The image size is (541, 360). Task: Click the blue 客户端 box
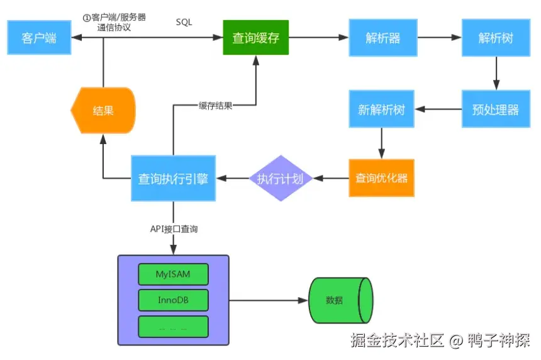tap(39, 38)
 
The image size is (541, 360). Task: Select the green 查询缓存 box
tap(255, 38)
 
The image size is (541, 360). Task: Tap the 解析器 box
tap(382, 38)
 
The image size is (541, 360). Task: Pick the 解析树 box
tap(496, 38)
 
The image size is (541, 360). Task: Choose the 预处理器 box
tap(496, 110)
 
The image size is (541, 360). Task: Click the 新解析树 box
tap(381, 110)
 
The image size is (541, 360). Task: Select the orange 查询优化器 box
tap(381, 178)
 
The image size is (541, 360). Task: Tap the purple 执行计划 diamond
tap(281, 178)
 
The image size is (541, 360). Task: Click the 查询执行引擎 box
tap(173, 178)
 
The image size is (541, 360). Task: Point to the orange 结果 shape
tap(103, 111)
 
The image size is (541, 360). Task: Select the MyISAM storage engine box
tap(173, 274)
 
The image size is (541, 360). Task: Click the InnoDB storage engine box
tap(173, 300)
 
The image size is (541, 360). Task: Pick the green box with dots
tap(173, 327)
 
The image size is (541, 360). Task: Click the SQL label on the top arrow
tap(184, 22)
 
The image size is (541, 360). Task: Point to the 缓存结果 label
tap(215, 105)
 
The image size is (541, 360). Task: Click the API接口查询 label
tap(174, 229)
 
